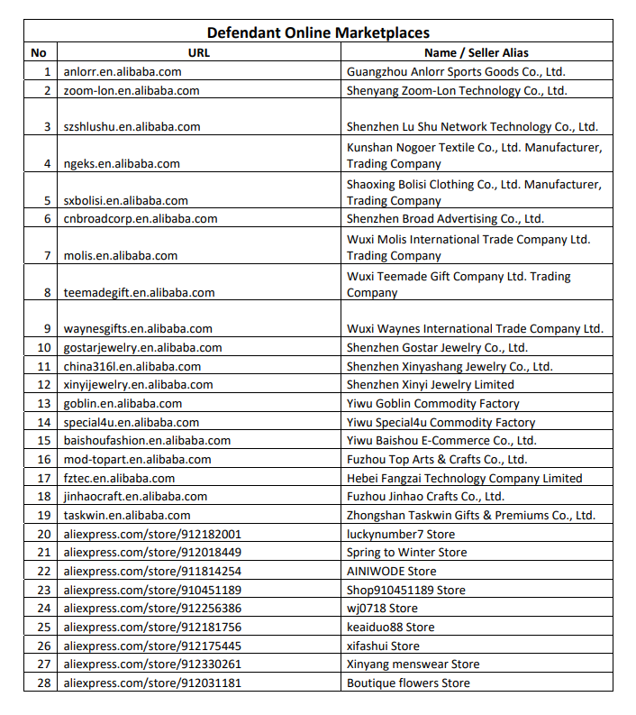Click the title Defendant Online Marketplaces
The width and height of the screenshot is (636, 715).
[318, 33]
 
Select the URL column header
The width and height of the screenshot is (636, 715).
[198, 52]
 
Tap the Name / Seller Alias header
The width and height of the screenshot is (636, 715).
[476, 52]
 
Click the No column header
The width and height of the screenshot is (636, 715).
[39, 52]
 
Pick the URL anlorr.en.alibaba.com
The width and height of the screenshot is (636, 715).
[123, 71]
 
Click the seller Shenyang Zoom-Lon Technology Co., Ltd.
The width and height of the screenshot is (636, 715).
[457, 90]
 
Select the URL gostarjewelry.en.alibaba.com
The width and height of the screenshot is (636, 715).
[142, 348]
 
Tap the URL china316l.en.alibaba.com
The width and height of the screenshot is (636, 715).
[132, 367]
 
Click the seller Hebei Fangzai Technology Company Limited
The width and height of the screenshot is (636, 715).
[464, 478]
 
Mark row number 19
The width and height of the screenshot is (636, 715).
[43, 516]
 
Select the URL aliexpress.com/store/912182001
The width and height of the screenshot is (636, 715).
[152, 534]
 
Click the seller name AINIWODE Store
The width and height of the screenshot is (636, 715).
[391, 571]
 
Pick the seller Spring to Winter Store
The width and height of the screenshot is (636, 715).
[406, 553]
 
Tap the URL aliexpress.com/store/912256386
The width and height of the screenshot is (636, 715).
[152, 609]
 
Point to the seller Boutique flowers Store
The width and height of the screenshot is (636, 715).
[408, 683]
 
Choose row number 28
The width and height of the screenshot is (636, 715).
[43, 683]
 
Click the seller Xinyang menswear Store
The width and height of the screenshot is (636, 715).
[413, 665]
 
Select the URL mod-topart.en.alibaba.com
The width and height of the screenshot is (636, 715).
[137, 460]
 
